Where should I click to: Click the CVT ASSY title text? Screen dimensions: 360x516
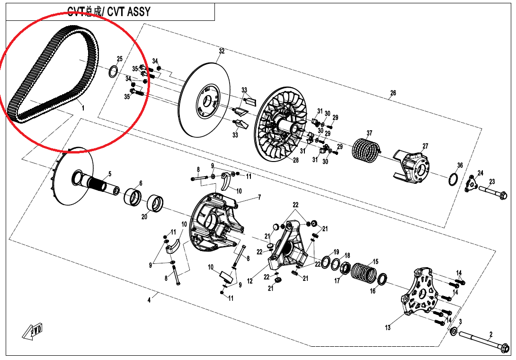point(108,12)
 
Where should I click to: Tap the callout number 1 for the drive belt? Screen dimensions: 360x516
point(83,108)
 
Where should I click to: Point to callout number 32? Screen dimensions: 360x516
point(221,51)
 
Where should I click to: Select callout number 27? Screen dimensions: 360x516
point(425,146)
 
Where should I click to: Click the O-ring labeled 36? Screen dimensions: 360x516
point(453,180)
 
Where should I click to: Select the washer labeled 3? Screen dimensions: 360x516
point(453,331)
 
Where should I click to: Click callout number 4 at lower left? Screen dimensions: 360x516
point(149,299)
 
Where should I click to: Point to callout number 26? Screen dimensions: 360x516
point(393,93)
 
